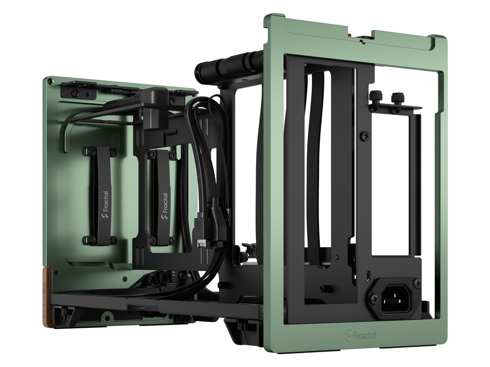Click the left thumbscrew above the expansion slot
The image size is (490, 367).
click(376, 96)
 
